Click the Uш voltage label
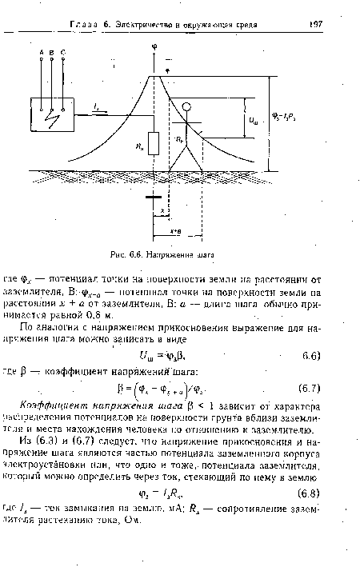coord(254,122)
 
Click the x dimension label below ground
coord(163,212)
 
